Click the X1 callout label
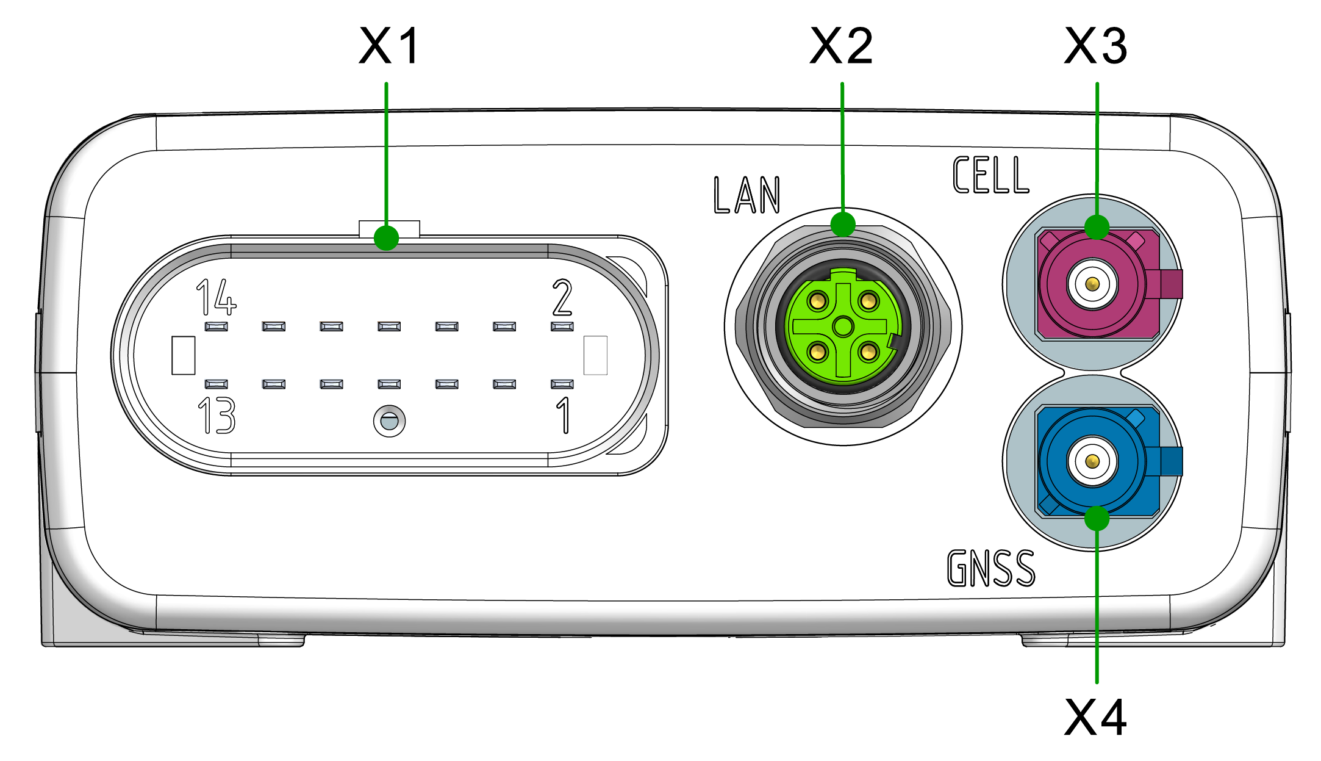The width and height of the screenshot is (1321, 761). pos(389,46)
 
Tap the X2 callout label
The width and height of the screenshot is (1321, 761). pos(842,46)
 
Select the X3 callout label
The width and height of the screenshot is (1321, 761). pos(1096,46)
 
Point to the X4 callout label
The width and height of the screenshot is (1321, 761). pos(1096,718)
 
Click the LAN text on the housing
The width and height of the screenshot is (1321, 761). pos(746,195)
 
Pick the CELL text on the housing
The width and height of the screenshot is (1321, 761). pos(990,175)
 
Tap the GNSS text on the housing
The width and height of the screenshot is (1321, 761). pos(990,568)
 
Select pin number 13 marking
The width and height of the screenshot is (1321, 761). pos(217,416)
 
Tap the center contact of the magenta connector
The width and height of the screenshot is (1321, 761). pos(1092,284)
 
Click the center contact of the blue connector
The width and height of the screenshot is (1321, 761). pos(1092,461)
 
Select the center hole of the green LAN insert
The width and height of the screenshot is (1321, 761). pos(843,326)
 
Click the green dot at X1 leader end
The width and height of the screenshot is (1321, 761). pos(386,237)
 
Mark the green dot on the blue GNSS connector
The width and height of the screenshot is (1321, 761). pos(1097,519)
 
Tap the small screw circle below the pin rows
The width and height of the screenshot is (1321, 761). pos(389,421)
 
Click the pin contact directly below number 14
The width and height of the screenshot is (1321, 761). pos(217,326)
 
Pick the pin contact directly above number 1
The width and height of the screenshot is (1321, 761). pos(562,384)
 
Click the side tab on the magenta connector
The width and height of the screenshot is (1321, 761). pos(1171,284)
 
